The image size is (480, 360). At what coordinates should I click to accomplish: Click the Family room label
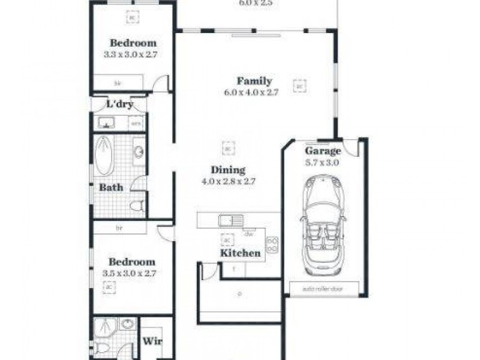[x=254, y=81]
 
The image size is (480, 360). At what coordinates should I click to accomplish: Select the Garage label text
[x=323, y=151]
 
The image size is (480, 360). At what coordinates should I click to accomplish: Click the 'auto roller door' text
[x=323, y=289]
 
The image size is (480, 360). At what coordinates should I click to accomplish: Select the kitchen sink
[x=229, y=220]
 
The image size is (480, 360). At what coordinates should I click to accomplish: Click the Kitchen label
[x=240, y=253]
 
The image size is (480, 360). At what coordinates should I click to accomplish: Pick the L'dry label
[x=119, y=104]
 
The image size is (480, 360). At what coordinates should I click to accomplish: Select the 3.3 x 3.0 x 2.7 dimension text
[x=133, y=54]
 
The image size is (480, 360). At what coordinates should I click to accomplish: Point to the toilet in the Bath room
[x=136, y=206]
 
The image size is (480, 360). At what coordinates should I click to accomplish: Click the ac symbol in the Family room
[x=299, y=86]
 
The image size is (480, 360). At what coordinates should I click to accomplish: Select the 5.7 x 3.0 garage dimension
[x=323, y=162]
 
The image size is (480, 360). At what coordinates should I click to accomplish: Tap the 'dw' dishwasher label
[x=247, y=233]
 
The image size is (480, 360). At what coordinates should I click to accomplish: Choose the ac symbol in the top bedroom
[x=131, y=19]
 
